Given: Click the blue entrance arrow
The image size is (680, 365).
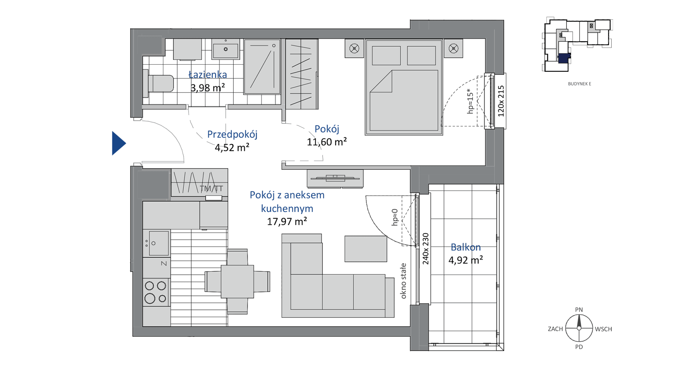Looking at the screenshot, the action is click(x=118, y=143).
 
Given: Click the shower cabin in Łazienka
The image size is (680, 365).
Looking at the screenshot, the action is click(x=262, y=67).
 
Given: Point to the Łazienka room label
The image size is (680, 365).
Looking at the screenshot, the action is click(x=208, y=75).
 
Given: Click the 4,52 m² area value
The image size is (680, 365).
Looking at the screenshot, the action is click(x=232, y=148).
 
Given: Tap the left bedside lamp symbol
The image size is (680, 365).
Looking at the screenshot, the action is click(x=354, y=48).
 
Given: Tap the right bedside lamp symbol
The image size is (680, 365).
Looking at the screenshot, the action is click(x=453, y=48).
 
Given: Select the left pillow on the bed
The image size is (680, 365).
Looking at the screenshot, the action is click(x=386, y=56).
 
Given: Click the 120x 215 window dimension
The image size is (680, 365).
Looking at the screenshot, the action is click(x=501, y=101).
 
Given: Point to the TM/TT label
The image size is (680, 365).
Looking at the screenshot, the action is click(x=211, y=189).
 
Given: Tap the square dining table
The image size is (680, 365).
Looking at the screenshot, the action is click(x=237, y=281).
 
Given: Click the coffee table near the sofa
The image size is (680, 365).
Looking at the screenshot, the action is click(x=366, y=249).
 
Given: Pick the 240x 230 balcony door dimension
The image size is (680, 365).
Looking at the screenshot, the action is click(x=426, y=249).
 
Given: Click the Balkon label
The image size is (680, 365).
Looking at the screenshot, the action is click(x=466, y=247).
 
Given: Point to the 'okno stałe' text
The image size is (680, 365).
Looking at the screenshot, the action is click(x=403, y=281).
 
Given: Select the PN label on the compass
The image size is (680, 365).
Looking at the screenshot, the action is click(x=579, y=310).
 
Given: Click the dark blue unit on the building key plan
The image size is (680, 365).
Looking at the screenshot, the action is click(x=564, y=58).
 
